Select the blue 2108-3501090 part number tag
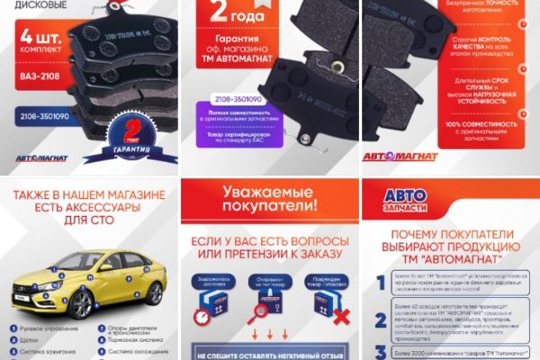43,116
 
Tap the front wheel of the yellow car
48,303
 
